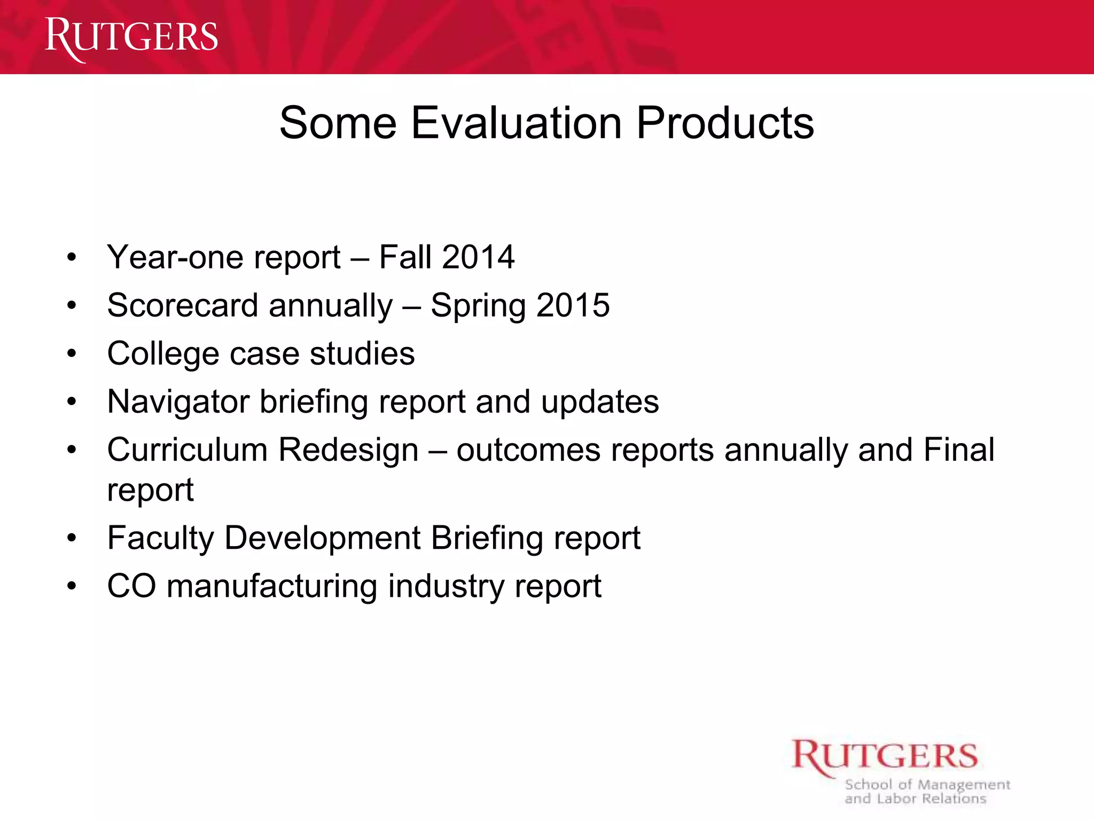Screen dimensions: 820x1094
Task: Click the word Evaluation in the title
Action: click(516, 123)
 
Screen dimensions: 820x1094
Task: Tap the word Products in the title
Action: click(725, 123)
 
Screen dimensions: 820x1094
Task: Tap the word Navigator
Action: click(178, 402)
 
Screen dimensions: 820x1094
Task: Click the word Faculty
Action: click(161, 538)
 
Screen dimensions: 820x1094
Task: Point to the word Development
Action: click(323, 538)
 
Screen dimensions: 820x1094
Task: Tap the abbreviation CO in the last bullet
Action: click(131, 586)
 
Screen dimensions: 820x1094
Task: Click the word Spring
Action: click(478, 306)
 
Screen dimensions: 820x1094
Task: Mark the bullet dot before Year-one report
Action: click(72, 258)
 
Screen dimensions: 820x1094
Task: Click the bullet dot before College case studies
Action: click(72, 354)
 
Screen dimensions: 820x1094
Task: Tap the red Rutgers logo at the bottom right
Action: click(884, 757)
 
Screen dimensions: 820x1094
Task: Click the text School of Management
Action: click(927, 785)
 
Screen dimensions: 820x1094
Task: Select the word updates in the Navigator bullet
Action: click(600, 402)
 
